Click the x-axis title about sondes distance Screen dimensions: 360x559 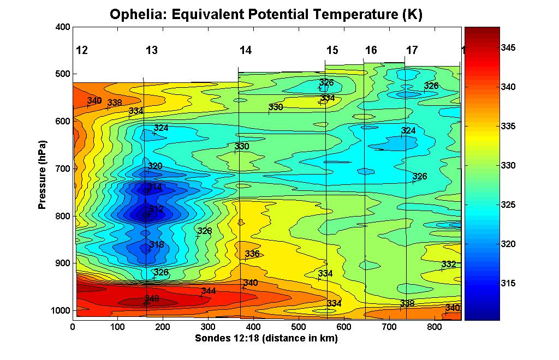266,339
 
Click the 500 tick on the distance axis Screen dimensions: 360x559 298,327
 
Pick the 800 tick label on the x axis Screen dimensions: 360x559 433,327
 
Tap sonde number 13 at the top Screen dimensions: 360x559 152,51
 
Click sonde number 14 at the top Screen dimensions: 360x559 246,51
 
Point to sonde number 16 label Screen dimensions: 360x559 371,51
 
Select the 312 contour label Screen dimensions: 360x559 156,209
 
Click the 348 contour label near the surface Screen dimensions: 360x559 152,299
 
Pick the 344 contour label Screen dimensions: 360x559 209,291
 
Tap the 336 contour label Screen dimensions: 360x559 252,254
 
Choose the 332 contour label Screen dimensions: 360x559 449,265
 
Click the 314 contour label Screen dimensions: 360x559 155,187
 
